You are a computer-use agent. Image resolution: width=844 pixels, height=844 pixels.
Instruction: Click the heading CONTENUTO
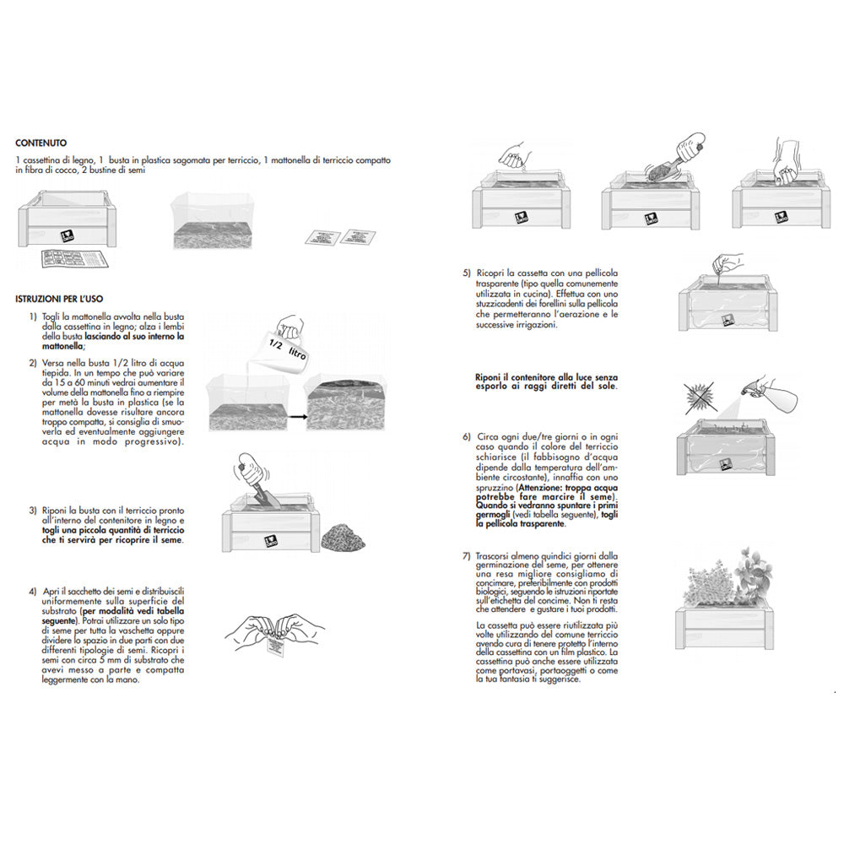(41, 143)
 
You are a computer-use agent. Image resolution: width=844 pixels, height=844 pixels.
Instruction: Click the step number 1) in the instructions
(32, 316)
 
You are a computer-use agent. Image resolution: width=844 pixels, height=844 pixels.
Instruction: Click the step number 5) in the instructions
(467, 273)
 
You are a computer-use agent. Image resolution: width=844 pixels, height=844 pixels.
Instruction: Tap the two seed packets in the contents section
(340, 237)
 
